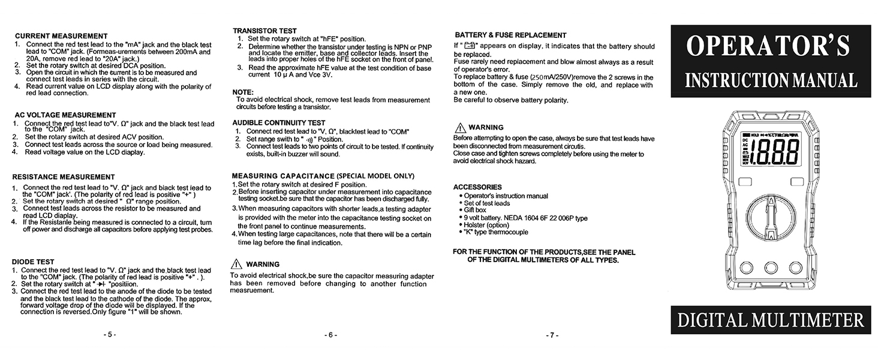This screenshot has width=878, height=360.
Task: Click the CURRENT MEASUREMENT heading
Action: [x=61, y=36]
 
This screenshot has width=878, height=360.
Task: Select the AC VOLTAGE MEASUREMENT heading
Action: [x=65, y=115]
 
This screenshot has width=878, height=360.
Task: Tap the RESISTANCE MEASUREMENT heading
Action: [x=63, y=177]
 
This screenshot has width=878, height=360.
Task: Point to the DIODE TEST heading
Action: [x=33, y=262]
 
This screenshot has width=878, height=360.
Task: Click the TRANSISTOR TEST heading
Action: [x=264, y=31]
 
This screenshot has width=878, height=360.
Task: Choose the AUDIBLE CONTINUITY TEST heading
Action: [x=278, y=123]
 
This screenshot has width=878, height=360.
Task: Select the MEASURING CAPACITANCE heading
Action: [x=323, y=176]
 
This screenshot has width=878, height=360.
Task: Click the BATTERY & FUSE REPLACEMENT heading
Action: [x=510, y=35]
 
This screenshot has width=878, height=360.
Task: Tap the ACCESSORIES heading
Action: [x=477, y=187]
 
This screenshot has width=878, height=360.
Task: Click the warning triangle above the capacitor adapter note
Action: [x=236, y=264]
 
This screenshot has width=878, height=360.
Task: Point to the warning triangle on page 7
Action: [x=460, y=128]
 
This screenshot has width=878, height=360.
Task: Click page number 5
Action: [x=109, y=334]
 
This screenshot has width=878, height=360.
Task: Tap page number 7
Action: [x=552, y=335]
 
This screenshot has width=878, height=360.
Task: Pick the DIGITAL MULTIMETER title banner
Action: [x=770, y=320]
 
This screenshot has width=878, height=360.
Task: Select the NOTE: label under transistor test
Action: [x=243, y=92]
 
